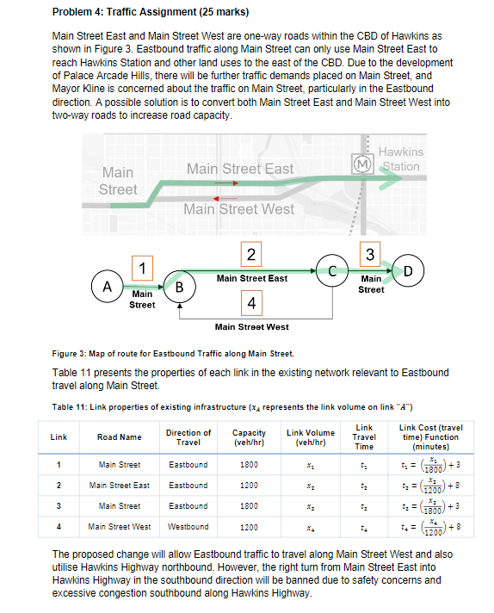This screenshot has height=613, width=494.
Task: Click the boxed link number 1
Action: pyautogui.click(x=141, y=267)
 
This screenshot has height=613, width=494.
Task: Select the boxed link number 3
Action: pyautogui.click(x=369, y=255)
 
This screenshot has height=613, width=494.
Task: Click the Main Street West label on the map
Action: pyautogui.click(x=238, y=209)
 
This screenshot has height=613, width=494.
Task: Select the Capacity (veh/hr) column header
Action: pyautogui.click(x=249, y=437)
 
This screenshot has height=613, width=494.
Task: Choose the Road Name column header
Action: pyautogui.click(x=119, y=437)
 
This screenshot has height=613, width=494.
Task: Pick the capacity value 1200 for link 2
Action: pyautogui.click(x=249, y=485)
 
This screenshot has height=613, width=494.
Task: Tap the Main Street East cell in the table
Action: pyautogui.click(x=119, y=485)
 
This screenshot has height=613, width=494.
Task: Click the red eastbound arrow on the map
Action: pyautogui.click(x=226, y=183)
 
